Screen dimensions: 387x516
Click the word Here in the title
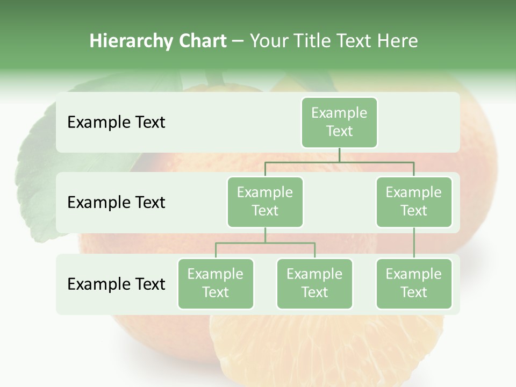[398, 41]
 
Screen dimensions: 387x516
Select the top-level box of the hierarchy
[339, 123]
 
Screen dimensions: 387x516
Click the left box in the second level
[265, 202]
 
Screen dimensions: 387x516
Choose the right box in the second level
[414, 202]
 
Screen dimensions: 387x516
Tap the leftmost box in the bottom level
[216, 284]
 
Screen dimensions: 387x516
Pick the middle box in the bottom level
[314, 284]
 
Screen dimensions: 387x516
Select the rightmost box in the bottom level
[414, 284]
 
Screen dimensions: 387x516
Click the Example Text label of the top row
[116, 123]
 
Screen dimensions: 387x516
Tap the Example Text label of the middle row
[116, 203]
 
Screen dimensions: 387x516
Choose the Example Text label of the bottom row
[116, 284]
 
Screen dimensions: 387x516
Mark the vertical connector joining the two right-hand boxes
[414, 243]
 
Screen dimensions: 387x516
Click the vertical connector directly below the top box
[339, 155]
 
